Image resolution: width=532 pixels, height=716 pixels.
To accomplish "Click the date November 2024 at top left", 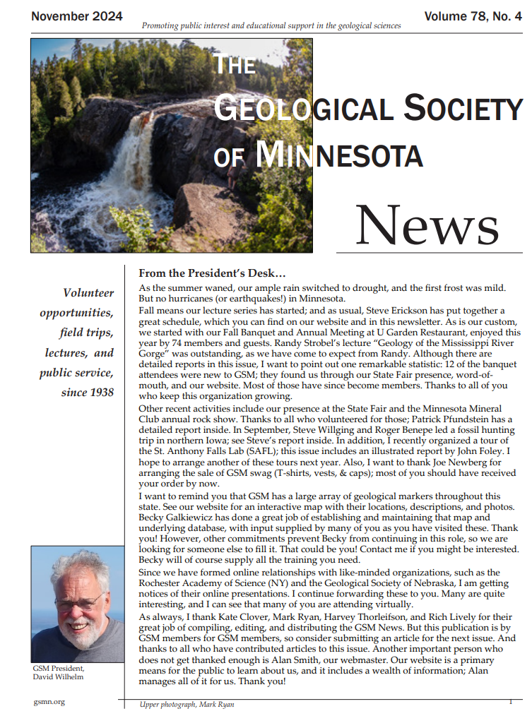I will pyautogui.click(x=76, y=16).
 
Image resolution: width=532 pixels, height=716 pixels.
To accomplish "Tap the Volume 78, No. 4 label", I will pyautogui.click(x=473, y=16).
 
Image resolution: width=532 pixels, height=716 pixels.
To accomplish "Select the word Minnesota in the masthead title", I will pyautogui.click(x=339, y=154).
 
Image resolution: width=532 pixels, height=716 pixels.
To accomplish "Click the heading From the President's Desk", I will pyautogui.click(x=212, y=273).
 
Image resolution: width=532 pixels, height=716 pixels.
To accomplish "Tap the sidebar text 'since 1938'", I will pyautogui.click(x=87, y=392).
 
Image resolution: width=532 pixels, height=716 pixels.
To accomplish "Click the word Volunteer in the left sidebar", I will pyautogui.click(x=88, y=292).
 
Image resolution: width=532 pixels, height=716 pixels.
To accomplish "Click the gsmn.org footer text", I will pyautogui.click(x=49, y=703).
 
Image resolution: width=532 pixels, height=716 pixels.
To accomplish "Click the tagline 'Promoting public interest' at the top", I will pyautogui.click(x=271, y=25).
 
